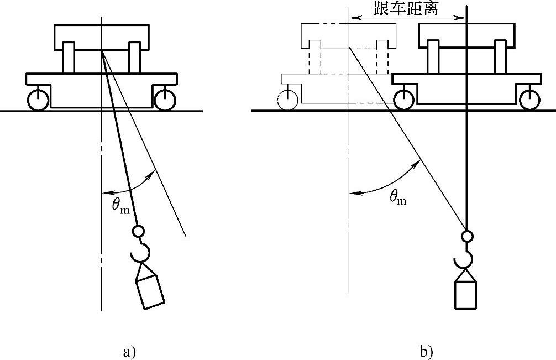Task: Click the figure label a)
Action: coord(128,352)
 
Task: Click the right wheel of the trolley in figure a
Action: coord(165,100)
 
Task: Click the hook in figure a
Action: coord(140,252)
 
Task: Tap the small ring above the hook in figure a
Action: coord(138,231)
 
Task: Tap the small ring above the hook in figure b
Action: coord(467,237)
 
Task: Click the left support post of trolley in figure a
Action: coord(69,58)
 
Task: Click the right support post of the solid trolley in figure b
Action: coord(500,57)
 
